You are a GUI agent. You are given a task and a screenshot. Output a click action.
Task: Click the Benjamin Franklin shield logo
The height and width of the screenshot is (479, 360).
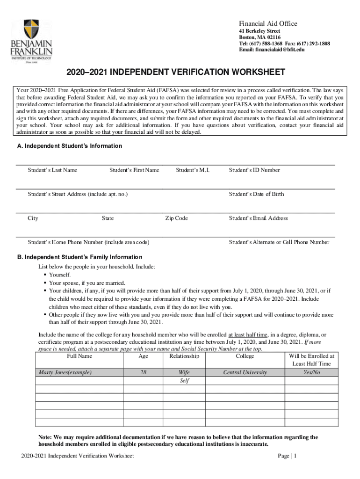(x=31, y=29)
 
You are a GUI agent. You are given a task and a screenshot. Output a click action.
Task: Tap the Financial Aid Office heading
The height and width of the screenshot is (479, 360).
(x=268, y=24)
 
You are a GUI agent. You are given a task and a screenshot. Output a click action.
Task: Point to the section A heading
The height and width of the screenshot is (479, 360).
(x=69, y=146)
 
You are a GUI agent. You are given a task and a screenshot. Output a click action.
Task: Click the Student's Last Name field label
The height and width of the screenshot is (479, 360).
(x=52, y=170)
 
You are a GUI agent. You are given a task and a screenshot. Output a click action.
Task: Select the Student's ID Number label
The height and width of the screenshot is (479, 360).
(x=254, y=170)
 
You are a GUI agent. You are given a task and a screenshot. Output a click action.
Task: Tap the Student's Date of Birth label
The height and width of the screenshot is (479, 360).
(x=256, y=194)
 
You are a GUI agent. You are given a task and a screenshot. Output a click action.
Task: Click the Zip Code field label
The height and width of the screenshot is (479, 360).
(x=176, y=218)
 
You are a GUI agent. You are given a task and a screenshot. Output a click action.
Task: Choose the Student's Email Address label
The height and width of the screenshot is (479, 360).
(x=258, y=218)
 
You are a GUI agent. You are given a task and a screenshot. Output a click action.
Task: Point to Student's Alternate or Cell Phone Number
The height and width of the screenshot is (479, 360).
(x=279, y=242)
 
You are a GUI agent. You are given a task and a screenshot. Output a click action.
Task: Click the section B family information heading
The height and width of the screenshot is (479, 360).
(x=79, y=257)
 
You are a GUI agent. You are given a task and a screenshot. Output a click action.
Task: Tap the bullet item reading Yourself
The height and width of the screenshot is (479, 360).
(x=60, y=275)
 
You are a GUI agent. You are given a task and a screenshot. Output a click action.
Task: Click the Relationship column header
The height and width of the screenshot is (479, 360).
(x=184, y=356)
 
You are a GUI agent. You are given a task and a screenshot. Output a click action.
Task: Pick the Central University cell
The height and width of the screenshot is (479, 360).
(x=245, y=373)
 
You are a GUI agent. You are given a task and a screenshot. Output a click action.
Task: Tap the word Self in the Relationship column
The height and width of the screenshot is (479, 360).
(x=184, y=381)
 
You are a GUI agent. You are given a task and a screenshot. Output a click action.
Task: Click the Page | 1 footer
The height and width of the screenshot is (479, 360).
(x=287, y=456)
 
